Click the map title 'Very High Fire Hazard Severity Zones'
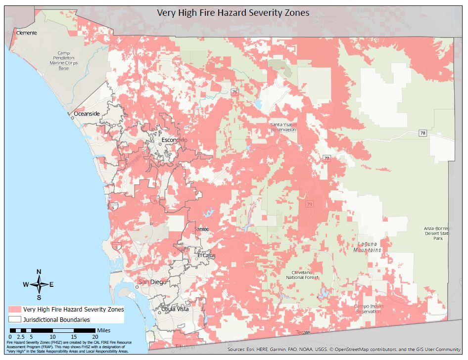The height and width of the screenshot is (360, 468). pyautogui.click(x=233, y=12)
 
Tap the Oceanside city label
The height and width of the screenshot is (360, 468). pyautogui.click(x=87, y=114)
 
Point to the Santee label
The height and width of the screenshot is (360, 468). pyautogui.click(x=201, y=229)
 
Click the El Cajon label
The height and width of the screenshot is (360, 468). pyautogui.click(x=206, y=255)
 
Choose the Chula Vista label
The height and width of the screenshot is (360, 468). pyautogui.click(x=175, y=309)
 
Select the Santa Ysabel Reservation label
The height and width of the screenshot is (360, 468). pyautogui.click(x=283, y=127)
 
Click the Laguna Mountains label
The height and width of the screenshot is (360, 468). pyautogui.click(x=367, y=247)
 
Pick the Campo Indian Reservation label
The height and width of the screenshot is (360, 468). pyautogui.click(x=369, y=309)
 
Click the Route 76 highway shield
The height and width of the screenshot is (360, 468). pyautogui.click(x=234, y=91)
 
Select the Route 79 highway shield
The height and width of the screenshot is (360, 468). pyautogui.click(x=310, y=204)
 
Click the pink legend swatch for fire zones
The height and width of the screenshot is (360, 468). pyautogui.click(x=14, y=309)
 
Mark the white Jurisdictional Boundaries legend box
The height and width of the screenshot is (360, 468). pyautogui.click(x=14, y=319)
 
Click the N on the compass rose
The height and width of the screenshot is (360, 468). pyautogui.click(x=39, y=271)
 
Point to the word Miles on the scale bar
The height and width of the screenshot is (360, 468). pyautogui.click(x=104, y=330)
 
